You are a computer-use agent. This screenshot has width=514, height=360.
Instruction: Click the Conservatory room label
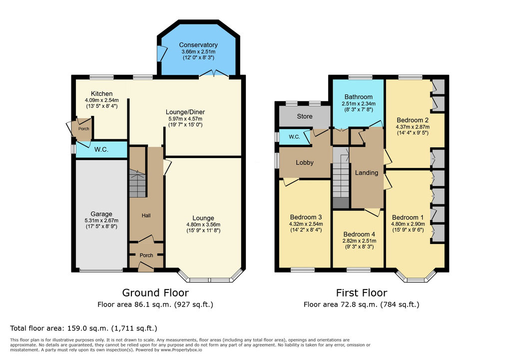(198, 45)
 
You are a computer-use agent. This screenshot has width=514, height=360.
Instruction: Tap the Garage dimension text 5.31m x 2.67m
(101, 220)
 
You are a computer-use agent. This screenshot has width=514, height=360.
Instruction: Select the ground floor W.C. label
(101, 149)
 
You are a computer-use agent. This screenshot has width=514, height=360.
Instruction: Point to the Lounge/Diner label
(185, 112)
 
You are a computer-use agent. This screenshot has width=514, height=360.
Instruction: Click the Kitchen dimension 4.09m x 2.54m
(101, 100)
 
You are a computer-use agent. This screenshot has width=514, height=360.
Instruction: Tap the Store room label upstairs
(305, 116)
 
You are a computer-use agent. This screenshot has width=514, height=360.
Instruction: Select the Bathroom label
(358, 97)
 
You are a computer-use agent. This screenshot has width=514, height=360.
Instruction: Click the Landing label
(367, 172)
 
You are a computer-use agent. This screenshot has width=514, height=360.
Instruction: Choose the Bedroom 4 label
(359, 234)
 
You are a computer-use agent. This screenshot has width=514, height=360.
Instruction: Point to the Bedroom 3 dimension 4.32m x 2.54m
(306, 224)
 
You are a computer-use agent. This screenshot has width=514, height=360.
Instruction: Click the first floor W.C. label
(294, 137)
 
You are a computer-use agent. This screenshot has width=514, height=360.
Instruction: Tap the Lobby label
(305, 162)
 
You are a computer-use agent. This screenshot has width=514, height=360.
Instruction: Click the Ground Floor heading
(155, 292)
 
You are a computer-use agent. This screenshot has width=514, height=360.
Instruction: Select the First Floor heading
(362, 292)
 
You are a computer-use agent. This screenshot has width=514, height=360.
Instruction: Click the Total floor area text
(83, 328)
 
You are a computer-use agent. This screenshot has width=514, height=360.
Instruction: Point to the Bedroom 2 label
(413, 120)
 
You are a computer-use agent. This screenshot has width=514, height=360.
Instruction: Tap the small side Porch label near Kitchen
(83, 128)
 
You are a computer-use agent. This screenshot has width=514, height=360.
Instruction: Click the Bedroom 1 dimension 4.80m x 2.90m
(408, 224)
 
